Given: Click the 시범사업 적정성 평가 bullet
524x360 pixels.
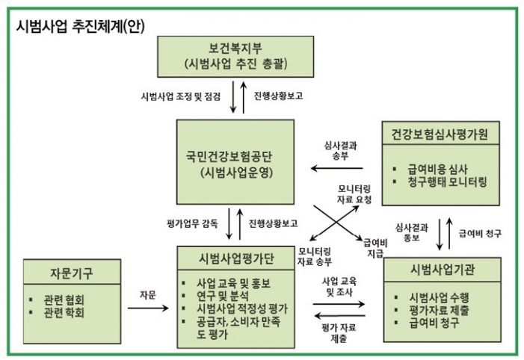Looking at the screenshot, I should [246, 308].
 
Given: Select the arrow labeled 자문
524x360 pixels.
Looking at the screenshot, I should [147, 304].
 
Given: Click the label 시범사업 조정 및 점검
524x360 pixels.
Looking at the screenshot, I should [181, 96].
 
